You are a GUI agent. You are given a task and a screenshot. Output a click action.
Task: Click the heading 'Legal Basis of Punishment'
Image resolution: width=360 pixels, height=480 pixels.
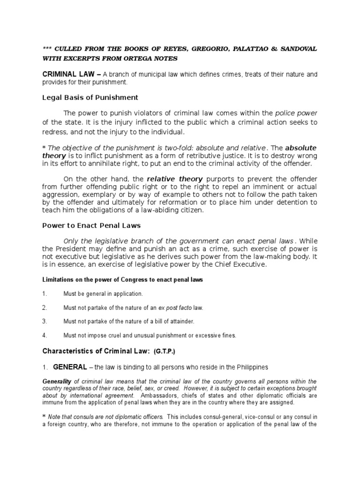[90, 97]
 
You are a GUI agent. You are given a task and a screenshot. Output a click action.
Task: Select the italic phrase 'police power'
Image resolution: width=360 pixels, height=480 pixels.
[296, 113]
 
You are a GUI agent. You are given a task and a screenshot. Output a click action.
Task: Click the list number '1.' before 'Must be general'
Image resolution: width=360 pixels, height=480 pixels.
[45, 294]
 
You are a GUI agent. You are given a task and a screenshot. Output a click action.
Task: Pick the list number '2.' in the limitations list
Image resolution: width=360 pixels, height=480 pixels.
[45, 308]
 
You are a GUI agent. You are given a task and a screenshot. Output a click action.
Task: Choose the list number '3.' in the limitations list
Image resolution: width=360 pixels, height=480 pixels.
[45, 322]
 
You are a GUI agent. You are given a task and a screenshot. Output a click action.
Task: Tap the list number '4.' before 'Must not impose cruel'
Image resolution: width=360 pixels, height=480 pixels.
[45, 336]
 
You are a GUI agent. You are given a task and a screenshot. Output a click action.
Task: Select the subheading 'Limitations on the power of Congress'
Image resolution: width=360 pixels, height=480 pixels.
[123, 280]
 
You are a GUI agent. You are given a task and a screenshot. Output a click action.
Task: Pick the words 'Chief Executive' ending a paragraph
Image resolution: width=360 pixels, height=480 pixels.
[240, 265]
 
